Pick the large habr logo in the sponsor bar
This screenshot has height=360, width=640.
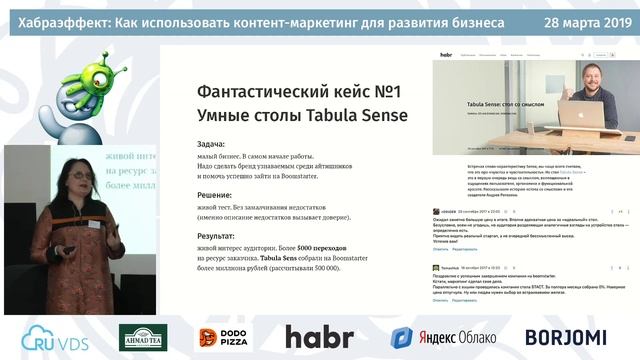(319, 337)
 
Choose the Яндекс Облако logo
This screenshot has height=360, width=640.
(441, 338)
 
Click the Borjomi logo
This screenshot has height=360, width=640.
(565, 337)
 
